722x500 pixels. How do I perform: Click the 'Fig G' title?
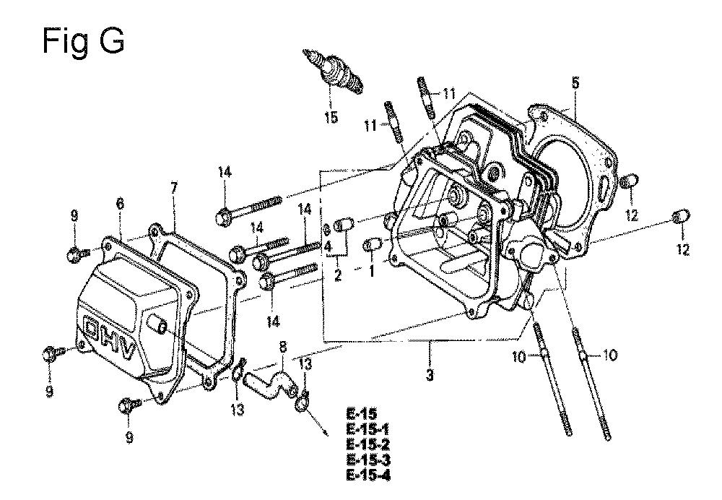pos(83,42)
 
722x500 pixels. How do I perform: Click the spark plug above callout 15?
pos(334,72)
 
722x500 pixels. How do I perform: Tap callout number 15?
pos(331,117)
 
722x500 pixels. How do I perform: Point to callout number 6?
pos(120,204)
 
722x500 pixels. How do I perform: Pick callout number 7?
pos(173,188)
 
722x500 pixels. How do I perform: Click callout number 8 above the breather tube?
pos(283,347)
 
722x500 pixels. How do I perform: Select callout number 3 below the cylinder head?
pos(430,374)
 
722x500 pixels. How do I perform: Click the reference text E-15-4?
pos(368,475)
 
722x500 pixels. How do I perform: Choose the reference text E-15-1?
pos(368,429)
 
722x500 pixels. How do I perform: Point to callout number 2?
pos(338,275)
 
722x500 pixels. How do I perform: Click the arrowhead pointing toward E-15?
pos(325,431)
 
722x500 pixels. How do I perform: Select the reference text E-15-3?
pos(368,460)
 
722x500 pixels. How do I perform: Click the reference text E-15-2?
pos(368,444)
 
